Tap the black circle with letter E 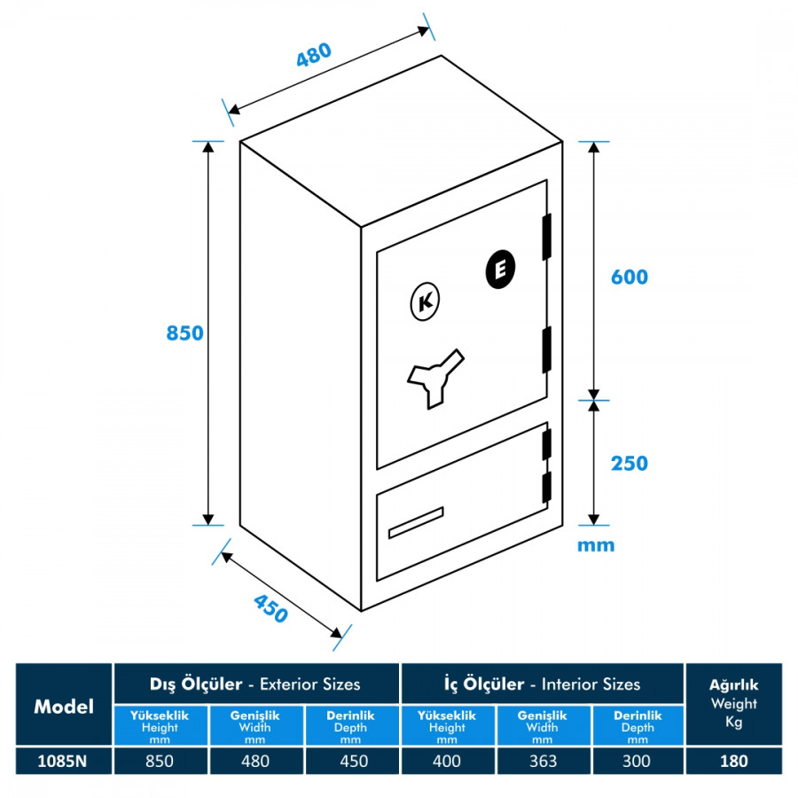(x=502, y=270)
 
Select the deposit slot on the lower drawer (x=415, y=522)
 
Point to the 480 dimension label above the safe (x=314, y=56)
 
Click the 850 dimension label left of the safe (x=185, y=333)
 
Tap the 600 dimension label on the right (x=630, y=277)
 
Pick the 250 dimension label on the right (x=630, y=463)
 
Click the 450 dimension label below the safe (x=271, y=608)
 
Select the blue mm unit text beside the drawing (x=596, y=544)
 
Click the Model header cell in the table (x=64, y=707)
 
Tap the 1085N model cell (x=64, y=761)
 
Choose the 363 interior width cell (x=542, y=761)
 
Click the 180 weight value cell (x=734, y=761)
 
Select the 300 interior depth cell (x=637, y=761)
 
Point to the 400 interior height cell (x=447, y=761)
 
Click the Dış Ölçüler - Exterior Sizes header (x=255, y=684)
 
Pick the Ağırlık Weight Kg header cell (x=734, y=705)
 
